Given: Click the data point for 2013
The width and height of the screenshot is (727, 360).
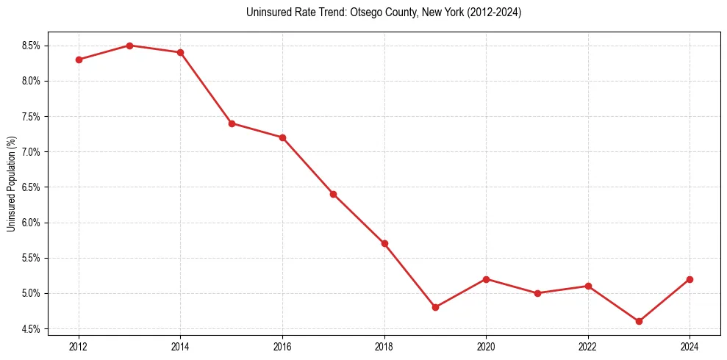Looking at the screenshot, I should pos(129,46).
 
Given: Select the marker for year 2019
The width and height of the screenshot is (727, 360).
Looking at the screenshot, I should pos(435,307).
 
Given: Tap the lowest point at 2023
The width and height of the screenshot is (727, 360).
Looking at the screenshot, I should pos(639,321).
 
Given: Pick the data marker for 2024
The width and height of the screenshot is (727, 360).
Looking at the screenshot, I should pos(690,279).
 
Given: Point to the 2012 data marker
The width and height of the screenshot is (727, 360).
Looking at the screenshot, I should pos(79,60).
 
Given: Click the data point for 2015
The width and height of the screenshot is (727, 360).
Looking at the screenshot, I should pos(232,123).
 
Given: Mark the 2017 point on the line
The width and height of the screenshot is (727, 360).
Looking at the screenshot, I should pos(333,194).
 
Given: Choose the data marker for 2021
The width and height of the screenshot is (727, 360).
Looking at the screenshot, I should pos(537,293).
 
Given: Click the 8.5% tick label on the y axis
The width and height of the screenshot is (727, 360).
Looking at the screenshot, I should pos(32,46).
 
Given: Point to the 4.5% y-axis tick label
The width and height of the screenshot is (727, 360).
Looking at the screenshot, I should pos(32,328).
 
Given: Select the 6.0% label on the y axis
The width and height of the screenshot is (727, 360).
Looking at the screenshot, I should pos(32,223).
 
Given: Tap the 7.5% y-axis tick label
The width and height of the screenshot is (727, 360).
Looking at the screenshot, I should pos(32,116).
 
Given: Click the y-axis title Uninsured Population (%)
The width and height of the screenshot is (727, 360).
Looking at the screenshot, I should pos(11,184).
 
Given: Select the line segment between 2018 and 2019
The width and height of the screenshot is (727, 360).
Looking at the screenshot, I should pos(409,275).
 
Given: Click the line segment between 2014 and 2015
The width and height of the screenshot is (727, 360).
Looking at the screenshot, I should pos(206,88).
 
